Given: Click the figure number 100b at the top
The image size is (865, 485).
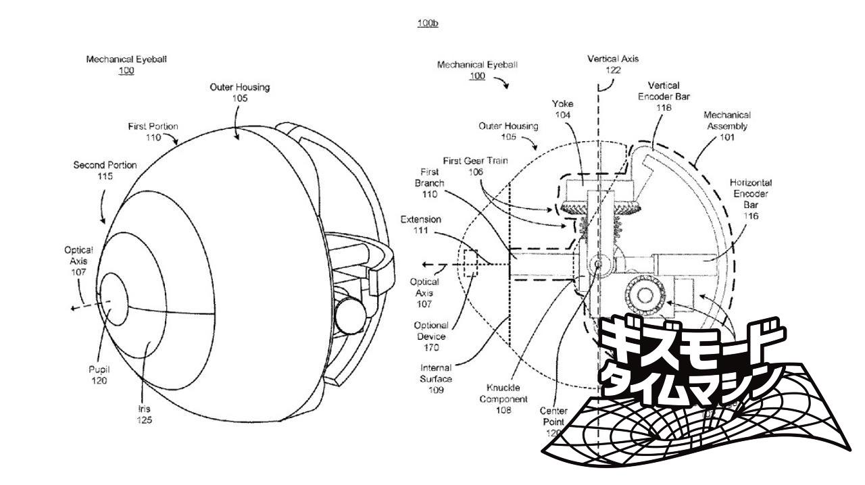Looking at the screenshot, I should (428, 23).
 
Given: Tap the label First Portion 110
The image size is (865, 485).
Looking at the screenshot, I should (153, 132).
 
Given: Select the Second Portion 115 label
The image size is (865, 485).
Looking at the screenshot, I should (105, 170).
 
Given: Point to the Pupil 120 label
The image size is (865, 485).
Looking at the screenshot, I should (99, 375).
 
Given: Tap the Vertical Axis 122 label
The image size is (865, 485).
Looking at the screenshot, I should (613, 65).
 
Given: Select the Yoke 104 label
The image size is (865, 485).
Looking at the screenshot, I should (562, 109).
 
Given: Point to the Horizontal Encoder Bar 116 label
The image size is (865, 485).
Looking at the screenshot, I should (751, 199).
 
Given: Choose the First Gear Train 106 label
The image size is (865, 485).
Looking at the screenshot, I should (475, 166).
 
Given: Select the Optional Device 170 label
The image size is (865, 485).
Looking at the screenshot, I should (431, 336).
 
